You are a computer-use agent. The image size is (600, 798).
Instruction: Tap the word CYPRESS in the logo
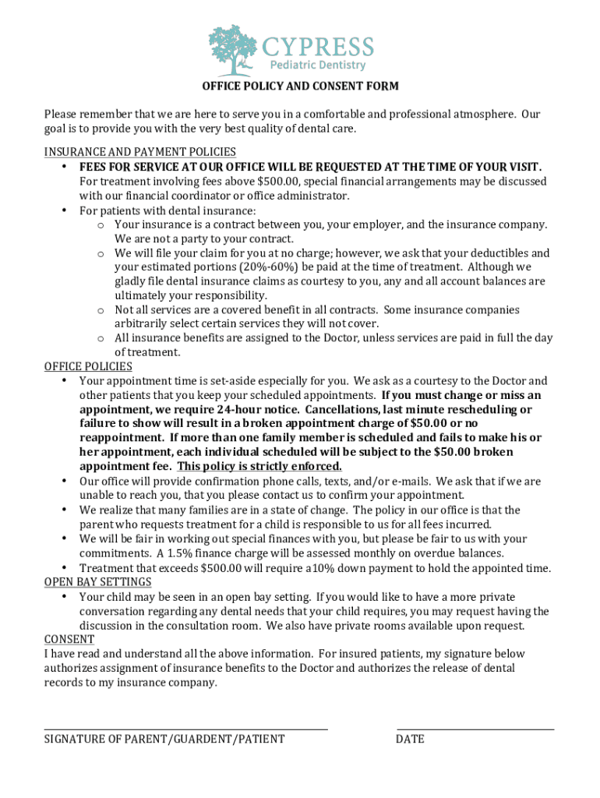point(317,46)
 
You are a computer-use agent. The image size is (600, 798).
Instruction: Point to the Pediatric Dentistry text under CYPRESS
point(319,65)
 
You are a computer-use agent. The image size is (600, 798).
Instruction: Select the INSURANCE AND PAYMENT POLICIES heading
point(140,152)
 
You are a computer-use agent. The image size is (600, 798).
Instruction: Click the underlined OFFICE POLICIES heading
point(88,366)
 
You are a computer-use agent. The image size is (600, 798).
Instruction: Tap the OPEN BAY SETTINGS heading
point(97,582)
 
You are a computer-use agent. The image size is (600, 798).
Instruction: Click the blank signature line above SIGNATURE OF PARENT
point(185,729)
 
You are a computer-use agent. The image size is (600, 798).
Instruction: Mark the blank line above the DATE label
point(475,729)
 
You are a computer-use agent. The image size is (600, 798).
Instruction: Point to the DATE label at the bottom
point(410,739)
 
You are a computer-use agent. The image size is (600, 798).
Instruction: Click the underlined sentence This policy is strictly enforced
point(259,466)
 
